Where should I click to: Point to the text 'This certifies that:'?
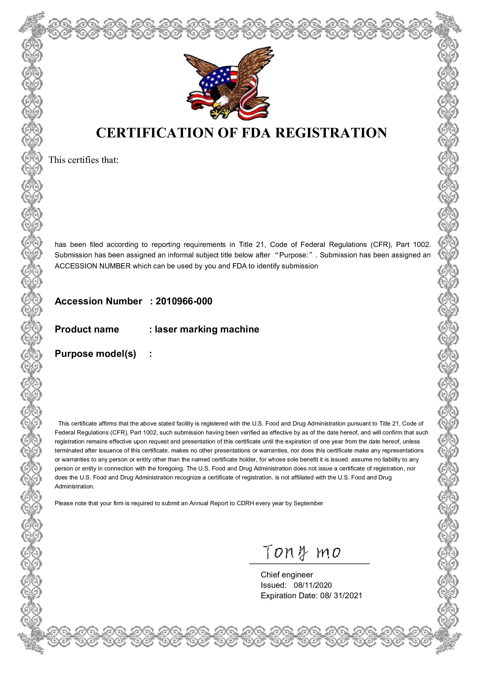pos(83,160)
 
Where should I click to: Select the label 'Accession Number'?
pos(98,301)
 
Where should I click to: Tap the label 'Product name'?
pos(87,329)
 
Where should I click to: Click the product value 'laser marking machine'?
pos(207,329)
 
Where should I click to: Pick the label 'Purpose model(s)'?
pos(95,353)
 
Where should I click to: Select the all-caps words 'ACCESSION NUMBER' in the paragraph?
pos(93,266)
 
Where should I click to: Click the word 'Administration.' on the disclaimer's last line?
pos(74,486)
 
